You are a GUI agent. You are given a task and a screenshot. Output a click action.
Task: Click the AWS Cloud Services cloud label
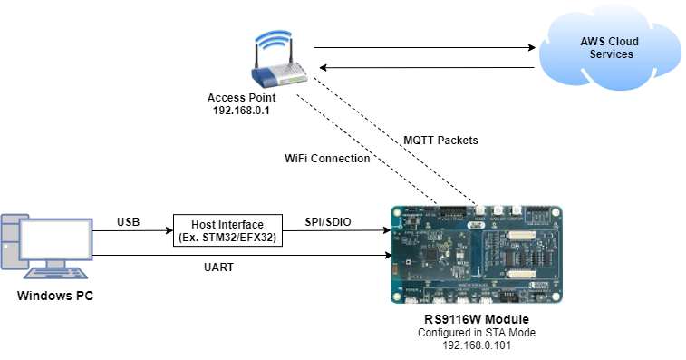[606, 47]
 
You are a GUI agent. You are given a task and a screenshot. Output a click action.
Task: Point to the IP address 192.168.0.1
[241, 111]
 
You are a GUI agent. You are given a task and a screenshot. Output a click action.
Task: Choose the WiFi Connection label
[327, 158]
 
